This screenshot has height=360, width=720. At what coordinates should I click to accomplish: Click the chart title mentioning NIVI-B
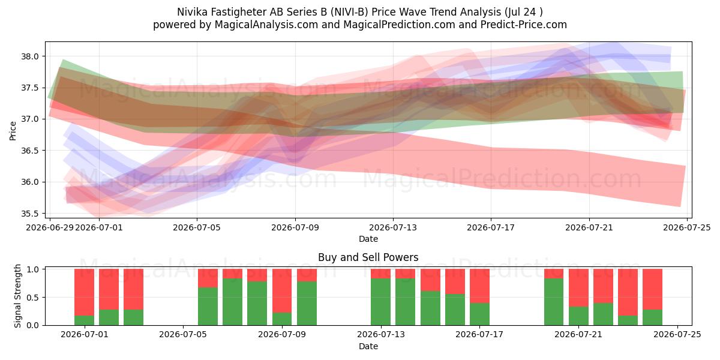359,12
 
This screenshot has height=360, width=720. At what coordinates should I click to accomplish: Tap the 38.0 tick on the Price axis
29,56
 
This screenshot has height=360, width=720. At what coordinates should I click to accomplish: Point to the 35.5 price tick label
29,214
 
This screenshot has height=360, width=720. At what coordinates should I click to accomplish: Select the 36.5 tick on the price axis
29,151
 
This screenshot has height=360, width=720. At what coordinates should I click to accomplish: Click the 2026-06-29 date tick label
50,227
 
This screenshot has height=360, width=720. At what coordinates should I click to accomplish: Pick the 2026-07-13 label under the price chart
393,227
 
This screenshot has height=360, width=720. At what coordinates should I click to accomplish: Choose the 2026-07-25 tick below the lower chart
677,334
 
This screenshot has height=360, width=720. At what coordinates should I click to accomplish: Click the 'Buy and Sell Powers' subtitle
368,257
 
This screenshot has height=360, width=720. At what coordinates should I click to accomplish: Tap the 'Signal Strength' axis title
17,296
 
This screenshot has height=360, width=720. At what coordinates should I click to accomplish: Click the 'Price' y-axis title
13,131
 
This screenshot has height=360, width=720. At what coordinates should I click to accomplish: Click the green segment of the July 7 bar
232,302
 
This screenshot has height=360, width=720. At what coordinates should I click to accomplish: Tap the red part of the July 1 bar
84,292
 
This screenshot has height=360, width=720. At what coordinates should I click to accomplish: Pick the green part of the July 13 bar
380,302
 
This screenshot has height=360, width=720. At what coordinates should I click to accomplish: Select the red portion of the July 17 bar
479,286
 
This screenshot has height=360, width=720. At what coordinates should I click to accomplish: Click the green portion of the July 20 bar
554,302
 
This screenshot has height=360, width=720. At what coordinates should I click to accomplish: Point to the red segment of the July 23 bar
628,292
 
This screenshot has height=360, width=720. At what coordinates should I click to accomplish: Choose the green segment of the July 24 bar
653,317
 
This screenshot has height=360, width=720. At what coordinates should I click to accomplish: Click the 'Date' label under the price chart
368,239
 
